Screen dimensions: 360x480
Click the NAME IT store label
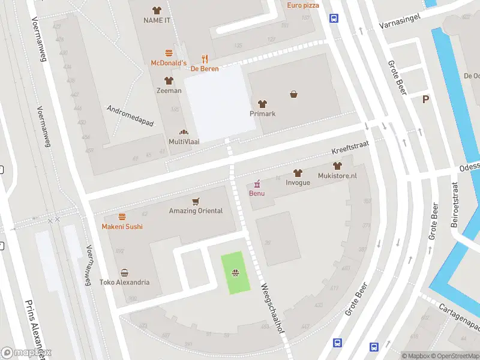[157, 20]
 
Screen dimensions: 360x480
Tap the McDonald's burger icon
[169, 53]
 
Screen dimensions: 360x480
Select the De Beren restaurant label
[204, 68]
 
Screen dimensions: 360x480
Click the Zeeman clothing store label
[169, 91]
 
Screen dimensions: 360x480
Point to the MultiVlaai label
[184, 141]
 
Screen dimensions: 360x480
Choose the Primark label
[262, 113]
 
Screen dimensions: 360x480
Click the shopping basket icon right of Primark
[294, 94]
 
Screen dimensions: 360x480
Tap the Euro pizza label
[303, 5]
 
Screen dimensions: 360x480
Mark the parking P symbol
[426, 100]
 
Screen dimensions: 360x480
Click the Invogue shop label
[298, 182]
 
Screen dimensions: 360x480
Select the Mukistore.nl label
[337, 176]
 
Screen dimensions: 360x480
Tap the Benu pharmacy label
[257, 193]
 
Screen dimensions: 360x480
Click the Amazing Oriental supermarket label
[196, 211]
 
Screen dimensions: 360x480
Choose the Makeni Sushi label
[122, 226]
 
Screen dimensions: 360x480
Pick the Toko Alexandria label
[124, 282]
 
